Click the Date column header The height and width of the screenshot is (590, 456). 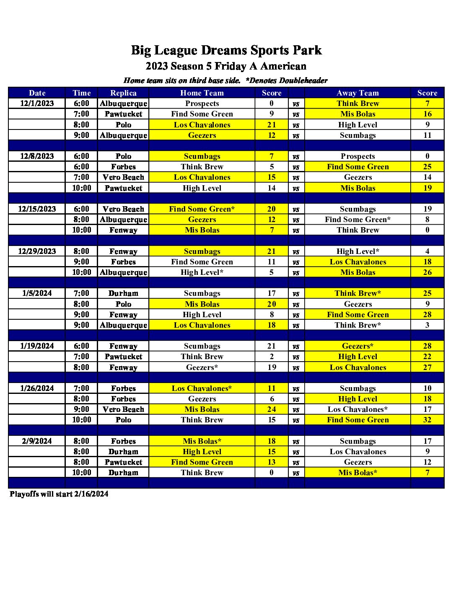[x=37, y=93]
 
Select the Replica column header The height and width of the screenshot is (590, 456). [x=123, y=93]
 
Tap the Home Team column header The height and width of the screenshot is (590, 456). [x=202, y=93]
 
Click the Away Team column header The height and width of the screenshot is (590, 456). [x=358, y=93]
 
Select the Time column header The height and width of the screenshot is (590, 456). [x=81, y=93]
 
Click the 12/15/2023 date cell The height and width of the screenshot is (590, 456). [x=37, y=209]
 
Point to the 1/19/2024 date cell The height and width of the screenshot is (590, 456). [x=37, y=346]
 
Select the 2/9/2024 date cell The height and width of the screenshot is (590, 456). [x=37, y=441]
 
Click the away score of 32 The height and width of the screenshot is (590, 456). [x=427, y=420]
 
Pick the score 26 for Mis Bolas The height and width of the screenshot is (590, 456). [x=427, y=272]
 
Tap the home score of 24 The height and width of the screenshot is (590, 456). [x=272, y=409]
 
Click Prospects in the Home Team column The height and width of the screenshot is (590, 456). [x=202, y=104]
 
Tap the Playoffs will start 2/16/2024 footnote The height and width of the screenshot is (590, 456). [x=59, y=494]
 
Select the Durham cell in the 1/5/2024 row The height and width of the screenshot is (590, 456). [x=123, y=293]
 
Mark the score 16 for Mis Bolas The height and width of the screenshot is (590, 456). [x=427, y=114]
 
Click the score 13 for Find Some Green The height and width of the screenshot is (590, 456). [x=272, y=462]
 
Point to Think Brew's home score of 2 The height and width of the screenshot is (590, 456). [x=272, y=357]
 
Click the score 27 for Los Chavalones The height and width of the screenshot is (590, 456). [x=427, y=367]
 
